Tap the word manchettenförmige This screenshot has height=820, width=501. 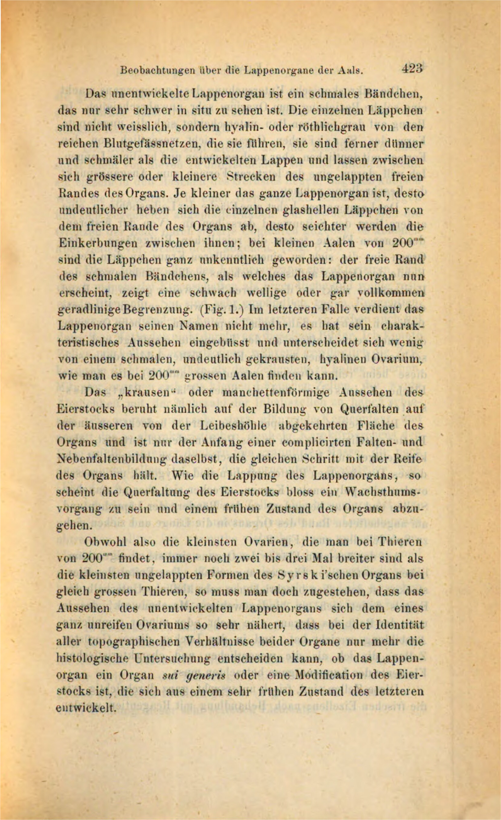275,393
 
